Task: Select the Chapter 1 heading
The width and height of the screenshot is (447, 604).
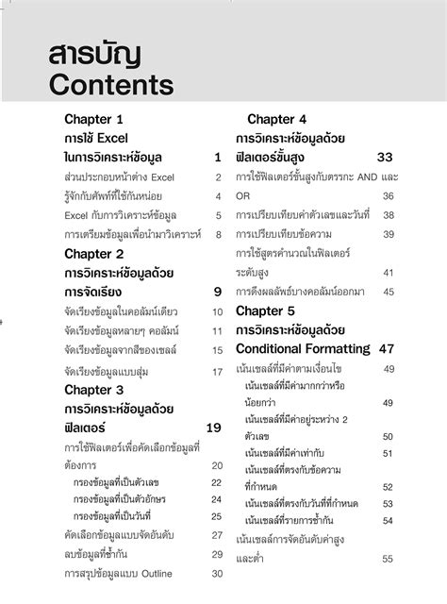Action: coord(93,120)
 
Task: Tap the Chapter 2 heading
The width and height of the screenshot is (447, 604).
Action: coord(93,254)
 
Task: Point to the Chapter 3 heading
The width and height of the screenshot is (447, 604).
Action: coord(93,389)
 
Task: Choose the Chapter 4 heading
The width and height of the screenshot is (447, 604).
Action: coord(277,119)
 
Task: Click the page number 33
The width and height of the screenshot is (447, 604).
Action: coord(385,157)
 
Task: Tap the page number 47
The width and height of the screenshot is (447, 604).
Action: coord(386,348)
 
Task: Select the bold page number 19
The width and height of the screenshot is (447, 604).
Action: coord(213,428)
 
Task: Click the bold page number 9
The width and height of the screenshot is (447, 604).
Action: coord(217,292)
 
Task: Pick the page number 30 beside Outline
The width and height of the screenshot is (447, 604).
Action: coord(216,573)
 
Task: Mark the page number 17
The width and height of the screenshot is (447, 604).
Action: coord(216,371)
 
